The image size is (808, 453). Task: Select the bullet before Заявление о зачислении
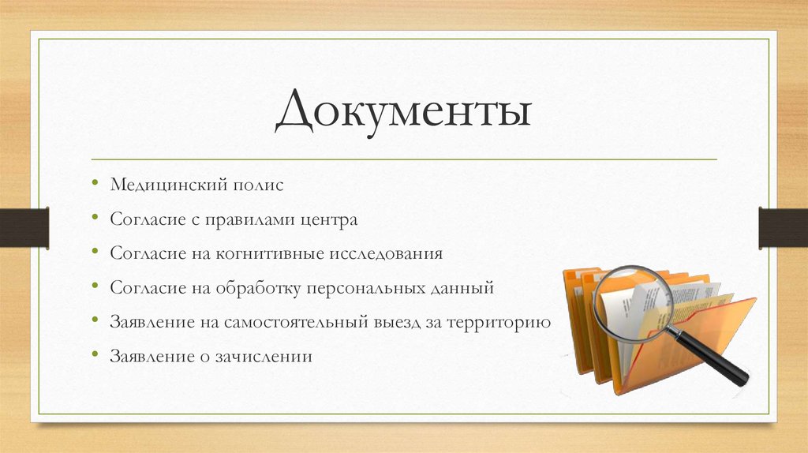point(95,357)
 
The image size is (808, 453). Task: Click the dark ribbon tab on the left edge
point(24,228)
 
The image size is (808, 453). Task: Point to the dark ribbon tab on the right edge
point(784,228)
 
